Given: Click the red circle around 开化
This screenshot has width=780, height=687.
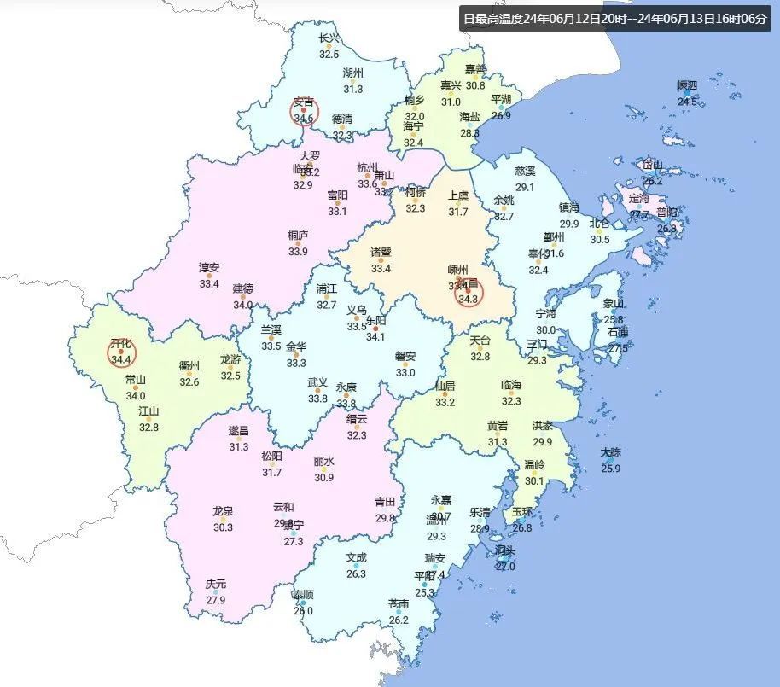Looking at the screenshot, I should [120, 352].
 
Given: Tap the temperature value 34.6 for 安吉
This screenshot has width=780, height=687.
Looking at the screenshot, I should [304, 118].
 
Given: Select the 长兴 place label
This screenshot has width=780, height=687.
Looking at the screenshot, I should [329, 38].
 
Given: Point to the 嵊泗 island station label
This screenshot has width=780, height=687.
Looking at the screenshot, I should [687, 85].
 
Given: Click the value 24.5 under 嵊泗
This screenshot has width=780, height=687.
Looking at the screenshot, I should [687, 102].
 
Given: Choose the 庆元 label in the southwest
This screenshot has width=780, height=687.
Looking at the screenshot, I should [216, 585].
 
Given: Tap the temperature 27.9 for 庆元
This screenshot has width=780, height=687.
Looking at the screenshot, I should [216, 600].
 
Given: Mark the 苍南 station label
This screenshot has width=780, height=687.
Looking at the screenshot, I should [399, 604].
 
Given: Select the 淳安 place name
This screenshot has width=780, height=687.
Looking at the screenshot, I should [209, 268].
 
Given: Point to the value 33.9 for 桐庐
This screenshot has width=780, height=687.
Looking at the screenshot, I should [298, 251].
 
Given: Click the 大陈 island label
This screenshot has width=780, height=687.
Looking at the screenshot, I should [610, 453].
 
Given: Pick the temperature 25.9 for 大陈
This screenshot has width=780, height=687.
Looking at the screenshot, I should [610, 469].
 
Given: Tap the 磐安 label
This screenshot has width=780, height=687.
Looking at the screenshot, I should [405, 357].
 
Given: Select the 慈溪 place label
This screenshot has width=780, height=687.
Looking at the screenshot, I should [525, 172].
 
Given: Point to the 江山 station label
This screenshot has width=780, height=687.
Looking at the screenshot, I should [149, 411].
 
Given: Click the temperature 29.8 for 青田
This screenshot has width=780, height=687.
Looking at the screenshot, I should [386, 517].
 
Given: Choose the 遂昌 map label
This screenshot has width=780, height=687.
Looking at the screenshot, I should [239, 431].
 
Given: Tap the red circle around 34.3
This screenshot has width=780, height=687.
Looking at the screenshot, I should [467, 293].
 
